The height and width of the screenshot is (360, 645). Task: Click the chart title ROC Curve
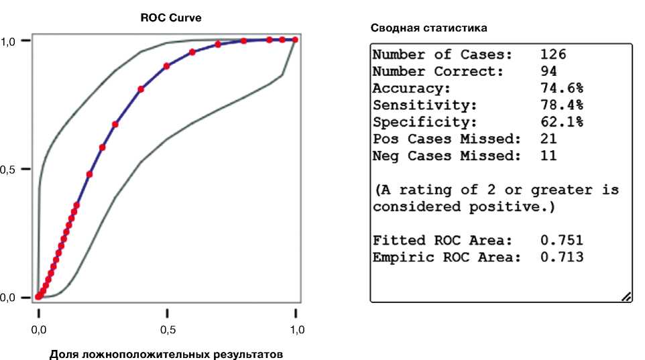(x=171, y=19)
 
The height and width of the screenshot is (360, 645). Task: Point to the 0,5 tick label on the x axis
(x=167, y=330)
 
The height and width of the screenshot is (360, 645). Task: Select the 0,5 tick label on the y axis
(x=7, y=170)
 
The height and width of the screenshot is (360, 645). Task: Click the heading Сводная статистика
(x=429, y=29)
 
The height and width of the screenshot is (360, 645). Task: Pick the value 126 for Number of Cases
(x=554, y=54)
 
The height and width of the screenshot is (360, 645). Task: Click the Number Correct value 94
(x=549, y=71)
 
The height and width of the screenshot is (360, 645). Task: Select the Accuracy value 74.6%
(x=561, y=88)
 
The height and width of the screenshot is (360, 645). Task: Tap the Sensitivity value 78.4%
(x=561, y=105)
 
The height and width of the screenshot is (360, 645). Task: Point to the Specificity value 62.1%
(x=561, y=122)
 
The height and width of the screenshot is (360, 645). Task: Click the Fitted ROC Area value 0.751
(x=561, y=240)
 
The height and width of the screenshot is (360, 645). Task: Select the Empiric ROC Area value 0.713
(x=561, y=257)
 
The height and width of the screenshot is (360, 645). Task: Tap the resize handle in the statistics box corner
(x=626, y=296)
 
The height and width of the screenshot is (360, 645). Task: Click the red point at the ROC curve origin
(x=38, y=296)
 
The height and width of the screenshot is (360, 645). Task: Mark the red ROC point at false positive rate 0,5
(x=167, y=66)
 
